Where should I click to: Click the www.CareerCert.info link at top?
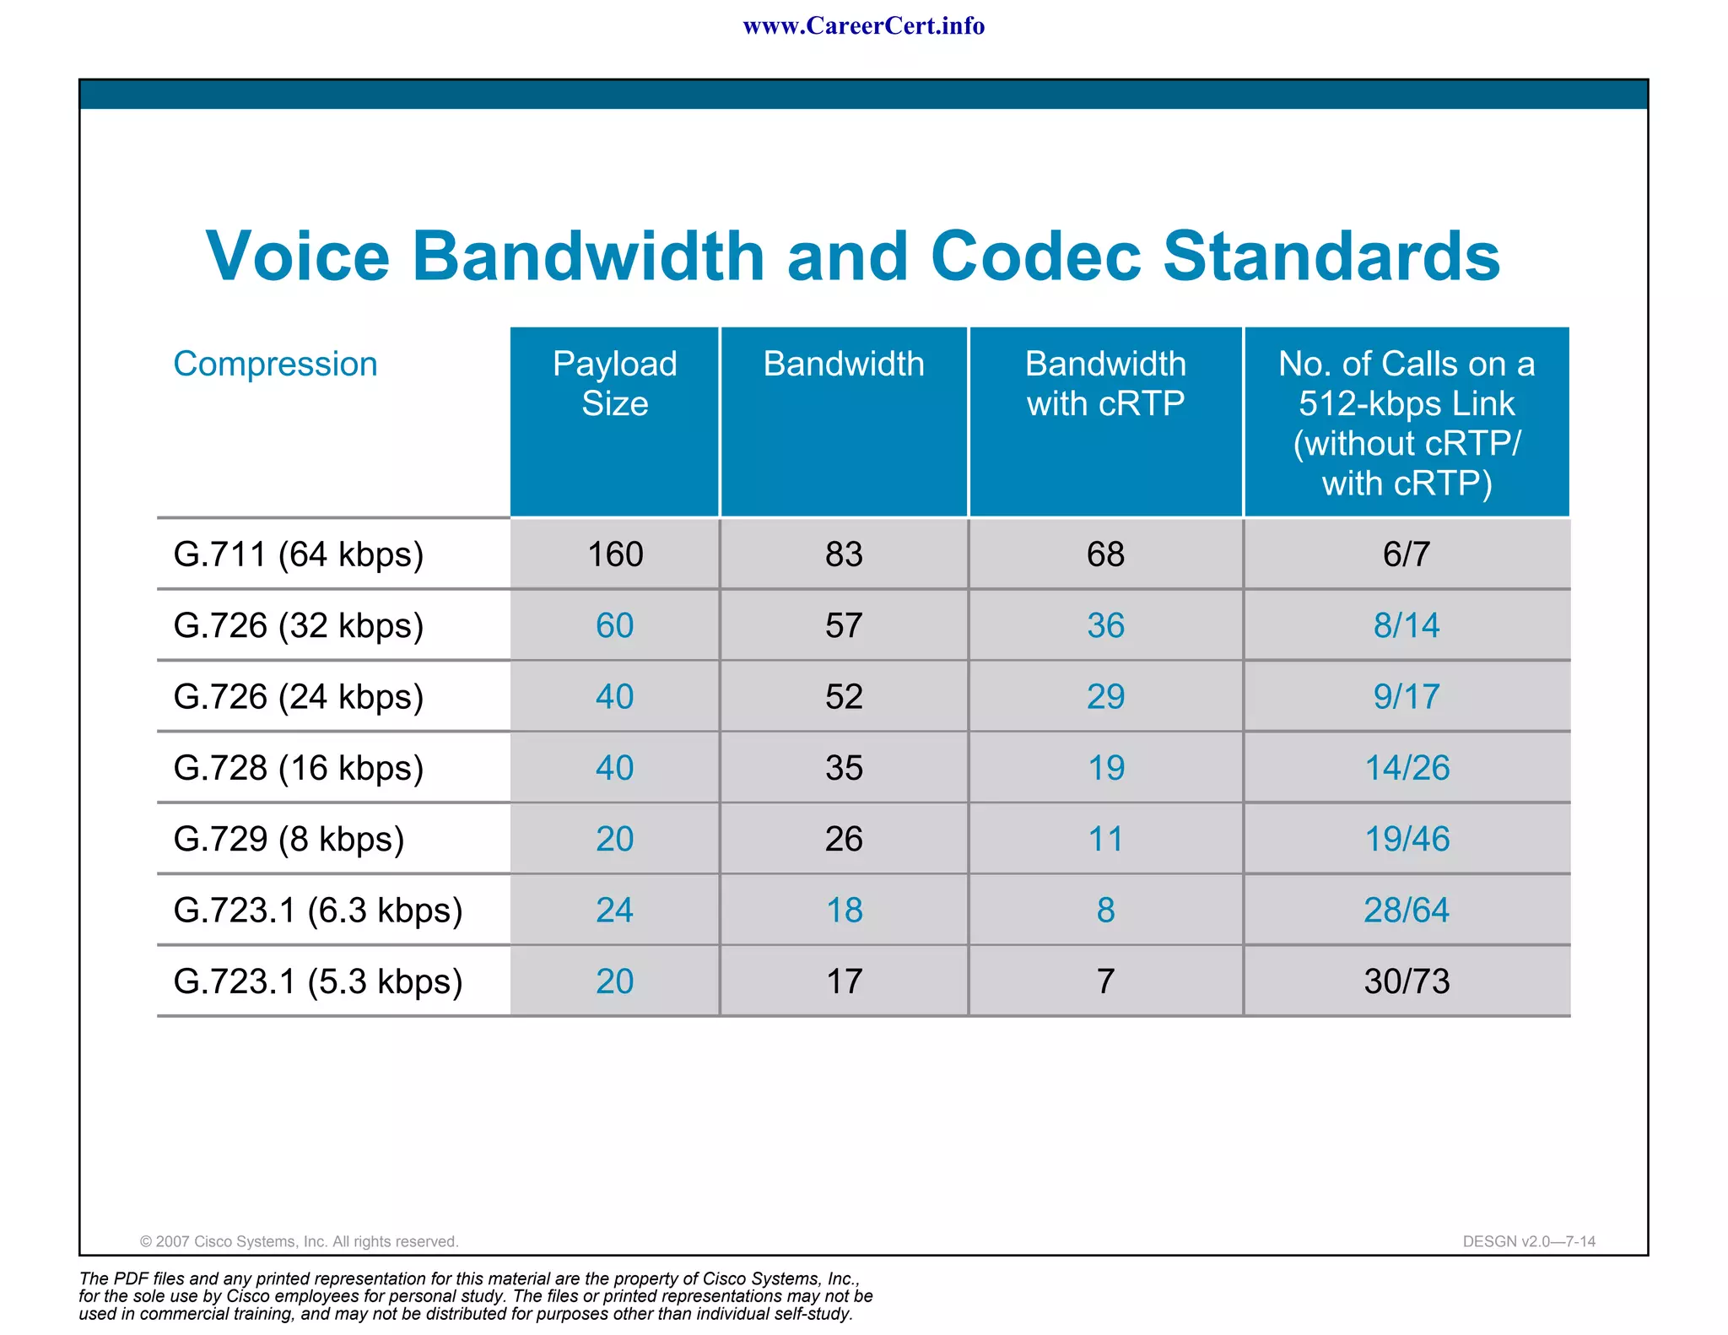coord(863,26)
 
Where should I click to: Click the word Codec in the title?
coord(1035,256)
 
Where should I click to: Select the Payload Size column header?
coord(614,384)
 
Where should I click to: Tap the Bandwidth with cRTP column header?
coord(1105,384)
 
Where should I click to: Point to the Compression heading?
coord(275,364)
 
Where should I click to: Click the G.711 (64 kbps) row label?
coord(298,554)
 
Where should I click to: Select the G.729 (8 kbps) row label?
coord(289,839)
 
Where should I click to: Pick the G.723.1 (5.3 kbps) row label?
coord(317,981)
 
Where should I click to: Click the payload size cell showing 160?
coord(614,554)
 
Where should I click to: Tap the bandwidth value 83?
coord(844,554)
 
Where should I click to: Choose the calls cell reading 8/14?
coord(1406,625)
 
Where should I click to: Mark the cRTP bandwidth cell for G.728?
coord(1105,768)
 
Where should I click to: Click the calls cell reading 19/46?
coord(1407,839)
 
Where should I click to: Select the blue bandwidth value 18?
coord(844,911)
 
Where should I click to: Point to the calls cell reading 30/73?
coord(1407,981)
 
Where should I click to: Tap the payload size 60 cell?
coord(614,625)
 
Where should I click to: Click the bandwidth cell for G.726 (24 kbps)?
coord(844,697)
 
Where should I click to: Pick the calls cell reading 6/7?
coord(1406,554)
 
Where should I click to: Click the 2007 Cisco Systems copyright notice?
coord(299,1241)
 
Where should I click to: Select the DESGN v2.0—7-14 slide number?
coord(1529,1241)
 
